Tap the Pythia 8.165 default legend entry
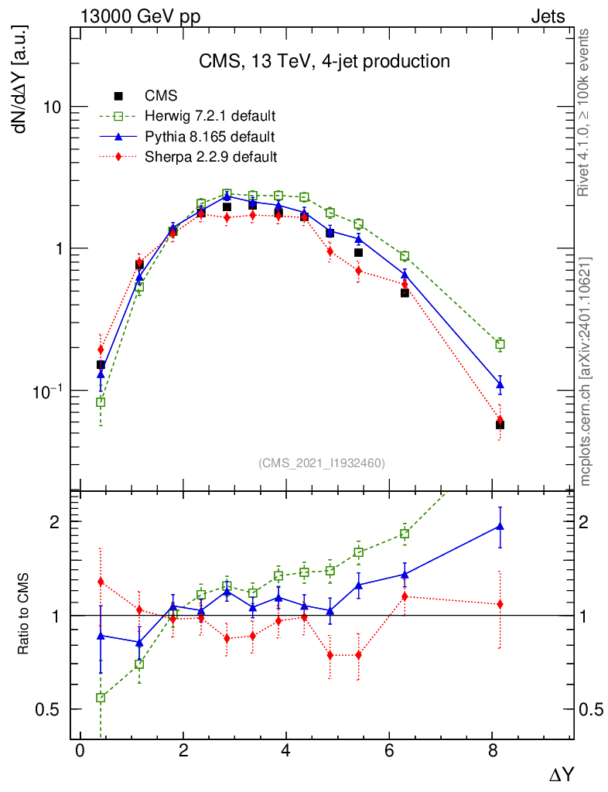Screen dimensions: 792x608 (209, 137)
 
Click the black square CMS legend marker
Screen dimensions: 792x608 (118, 96)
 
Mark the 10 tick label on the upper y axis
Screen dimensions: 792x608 (53, 107)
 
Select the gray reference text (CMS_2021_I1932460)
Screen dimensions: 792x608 (322, 463)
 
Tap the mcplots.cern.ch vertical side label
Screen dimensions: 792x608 (586, 371)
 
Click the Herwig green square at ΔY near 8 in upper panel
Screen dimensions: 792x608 (500, 344)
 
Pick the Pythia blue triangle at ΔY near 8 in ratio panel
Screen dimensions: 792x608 (500, 527)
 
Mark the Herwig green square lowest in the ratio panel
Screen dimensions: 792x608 (101, 698)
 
